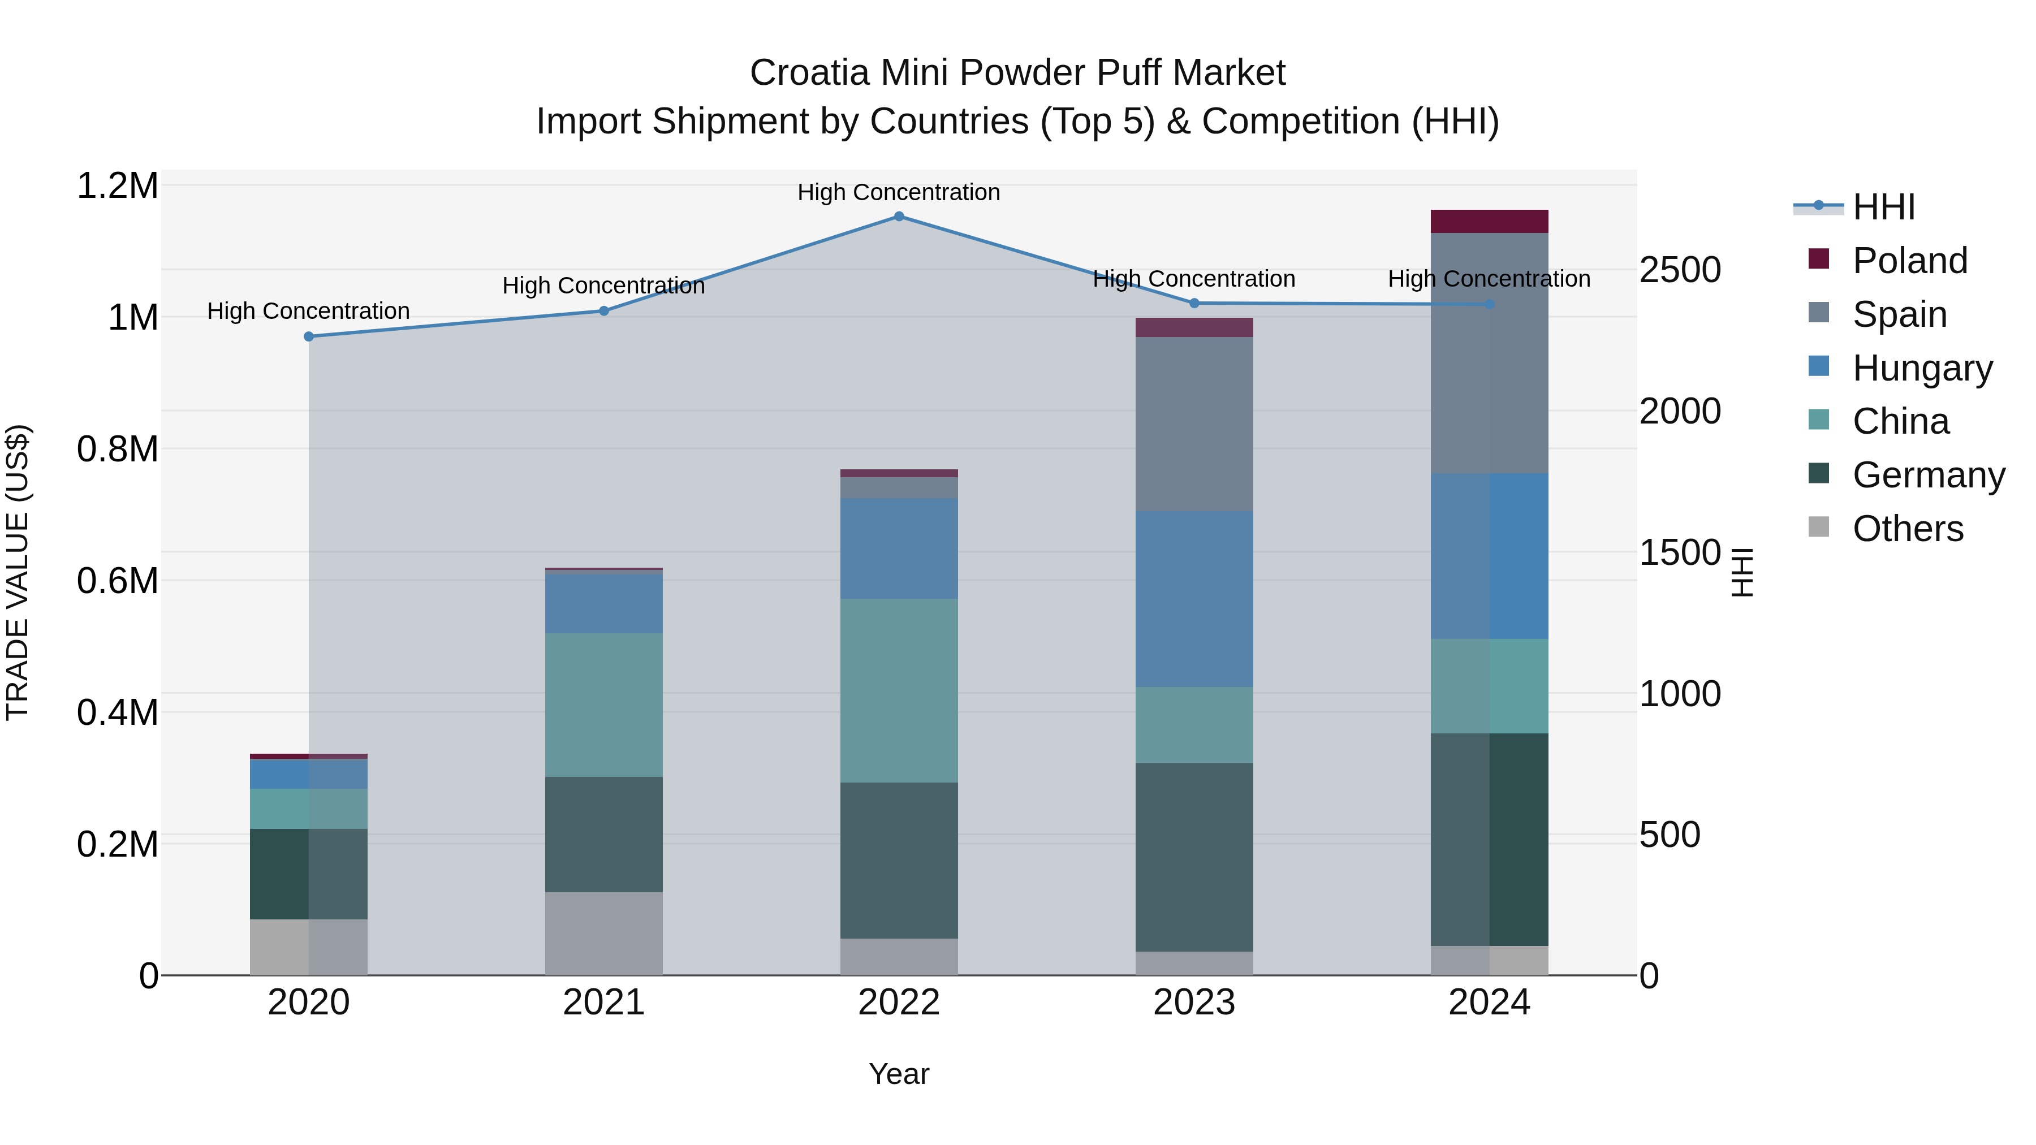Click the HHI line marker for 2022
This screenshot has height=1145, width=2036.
899,217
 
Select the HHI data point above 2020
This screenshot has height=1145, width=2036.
309,336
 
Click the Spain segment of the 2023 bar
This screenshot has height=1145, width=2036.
1194,424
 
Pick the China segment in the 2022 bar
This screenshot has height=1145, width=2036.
899,690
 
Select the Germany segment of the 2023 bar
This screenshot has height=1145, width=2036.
1194,857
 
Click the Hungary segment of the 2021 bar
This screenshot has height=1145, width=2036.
604,602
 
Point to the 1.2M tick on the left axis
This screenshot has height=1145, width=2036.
118,187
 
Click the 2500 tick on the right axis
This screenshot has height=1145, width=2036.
1680,270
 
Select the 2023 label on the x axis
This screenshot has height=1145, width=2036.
1194,1003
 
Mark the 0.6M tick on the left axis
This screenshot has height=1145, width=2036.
118,581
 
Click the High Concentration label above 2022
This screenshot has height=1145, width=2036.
899,192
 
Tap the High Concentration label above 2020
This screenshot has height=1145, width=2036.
308,312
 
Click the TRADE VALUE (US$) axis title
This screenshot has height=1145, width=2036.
18,572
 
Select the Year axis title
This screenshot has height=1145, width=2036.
899,1074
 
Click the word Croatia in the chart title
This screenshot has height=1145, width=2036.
809,73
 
